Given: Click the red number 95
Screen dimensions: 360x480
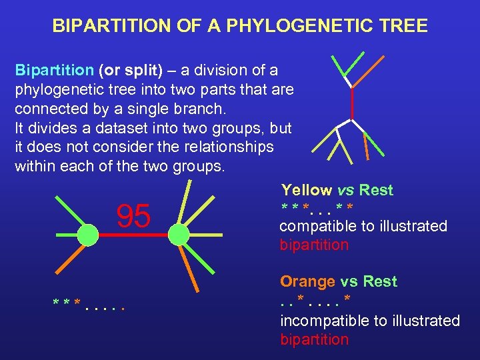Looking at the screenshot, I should tap(133, 215).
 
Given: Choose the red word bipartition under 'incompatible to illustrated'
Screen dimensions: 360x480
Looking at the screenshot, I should tap(314, 339).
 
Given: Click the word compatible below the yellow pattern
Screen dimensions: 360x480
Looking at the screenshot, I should tap(318, 226).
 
